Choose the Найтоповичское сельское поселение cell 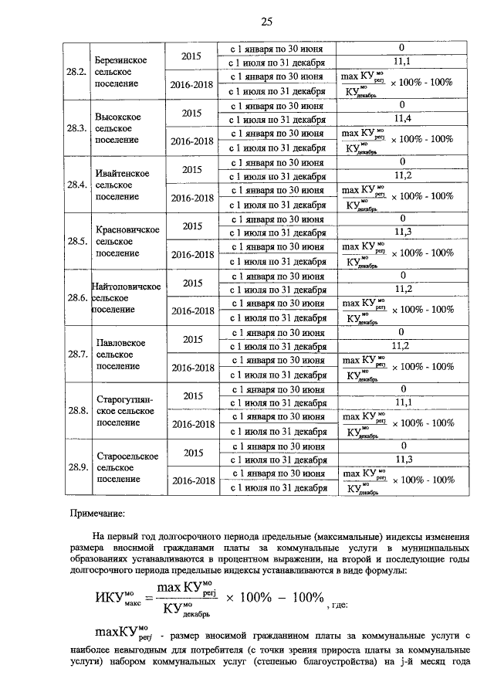126,297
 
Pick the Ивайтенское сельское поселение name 118,185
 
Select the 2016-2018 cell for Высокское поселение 191,141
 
